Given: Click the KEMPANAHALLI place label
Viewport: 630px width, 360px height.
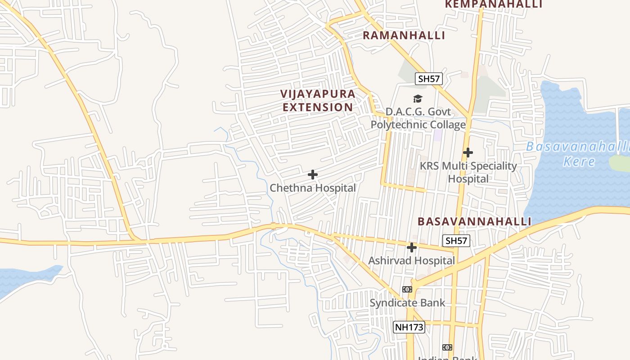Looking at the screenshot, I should (493, 4).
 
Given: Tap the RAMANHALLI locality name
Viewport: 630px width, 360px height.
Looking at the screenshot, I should (404, 36).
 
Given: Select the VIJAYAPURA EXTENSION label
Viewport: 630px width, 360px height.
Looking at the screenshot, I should (318, 101).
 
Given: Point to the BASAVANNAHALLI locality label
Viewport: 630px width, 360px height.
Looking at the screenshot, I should (474, 221).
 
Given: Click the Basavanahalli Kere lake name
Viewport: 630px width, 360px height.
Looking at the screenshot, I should (578, 154).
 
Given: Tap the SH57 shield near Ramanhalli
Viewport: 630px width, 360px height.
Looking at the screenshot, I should (428, 79).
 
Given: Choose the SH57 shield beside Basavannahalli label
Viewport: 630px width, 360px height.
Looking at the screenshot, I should (456, 241).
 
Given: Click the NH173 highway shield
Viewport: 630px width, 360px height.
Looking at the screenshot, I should (409, 327).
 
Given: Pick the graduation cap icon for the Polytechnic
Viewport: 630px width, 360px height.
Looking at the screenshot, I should (418, 99).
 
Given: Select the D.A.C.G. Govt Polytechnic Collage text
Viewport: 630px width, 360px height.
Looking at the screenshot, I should (418, 118).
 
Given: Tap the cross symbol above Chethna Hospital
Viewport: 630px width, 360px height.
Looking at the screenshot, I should (313, 175).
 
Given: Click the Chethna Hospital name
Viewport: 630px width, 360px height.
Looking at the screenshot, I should (313, 188).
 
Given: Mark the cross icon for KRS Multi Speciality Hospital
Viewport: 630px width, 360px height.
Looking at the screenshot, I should (468, 153).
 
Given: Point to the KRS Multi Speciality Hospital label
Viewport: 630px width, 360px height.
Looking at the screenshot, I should (468, 172).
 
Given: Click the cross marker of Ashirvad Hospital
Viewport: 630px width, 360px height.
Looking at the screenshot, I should (412, 247).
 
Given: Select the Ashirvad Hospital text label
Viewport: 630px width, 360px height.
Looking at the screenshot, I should (412, 261).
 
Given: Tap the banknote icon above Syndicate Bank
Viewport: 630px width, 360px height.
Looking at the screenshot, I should (407, 289).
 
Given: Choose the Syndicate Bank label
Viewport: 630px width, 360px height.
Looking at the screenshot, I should (407, 303).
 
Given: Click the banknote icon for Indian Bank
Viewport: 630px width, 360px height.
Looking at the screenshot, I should (447, 347).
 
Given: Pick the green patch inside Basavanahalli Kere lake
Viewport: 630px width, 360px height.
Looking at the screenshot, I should (620, 163).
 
